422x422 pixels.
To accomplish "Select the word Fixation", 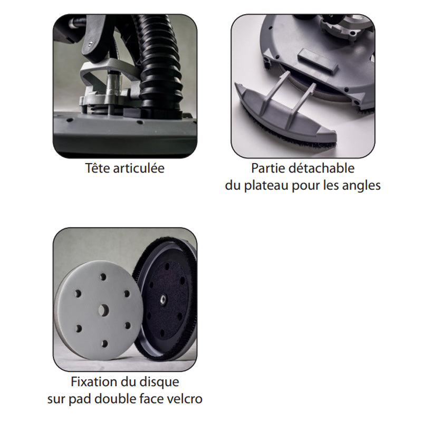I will [x=92, y=381].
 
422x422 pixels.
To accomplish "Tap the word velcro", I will [x=185, y=398].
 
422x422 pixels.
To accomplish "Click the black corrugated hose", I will [x=158, y=63].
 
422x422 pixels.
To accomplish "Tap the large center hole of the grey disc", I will [x=101, y=310].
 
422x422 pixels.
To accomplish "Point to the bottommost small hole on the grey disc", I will [x=104, y=343].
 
